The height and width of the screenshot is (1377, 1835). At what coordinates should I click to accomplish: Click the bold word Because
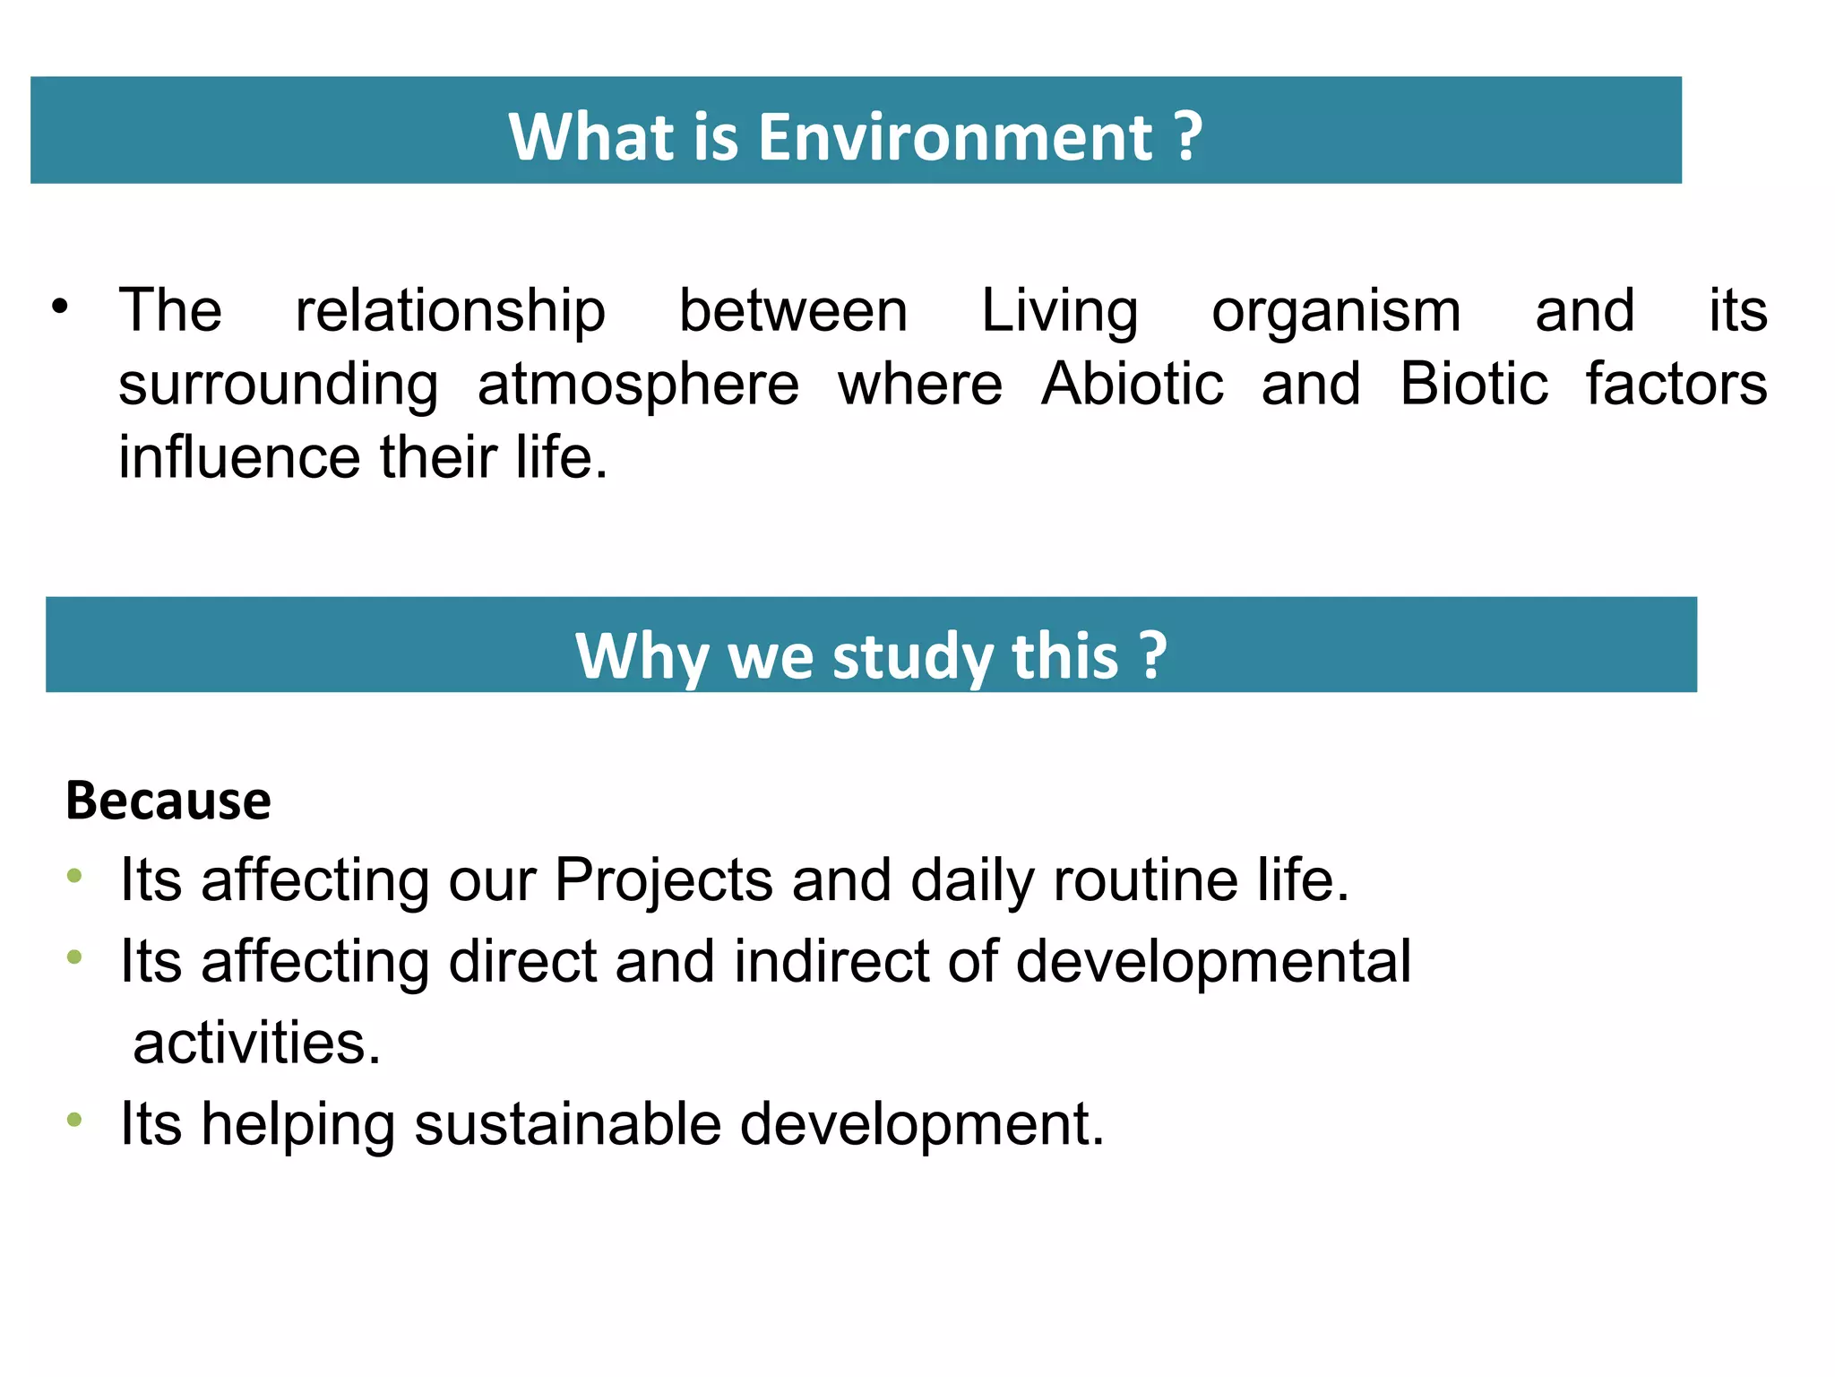click(x=168, y=801)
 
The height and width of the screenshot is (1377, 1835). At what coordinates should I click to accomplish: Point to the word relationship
click(x=450, y=312)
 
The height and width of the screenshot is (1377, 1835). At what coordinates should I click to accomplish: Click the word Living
click(x=1059, y=312)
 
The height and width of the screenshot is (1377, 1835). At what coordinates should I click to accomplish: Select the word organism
click(x=1336, y=312)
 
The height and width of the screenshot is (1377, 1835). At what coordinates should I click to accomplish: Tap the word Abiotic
click(x=1132, y=385)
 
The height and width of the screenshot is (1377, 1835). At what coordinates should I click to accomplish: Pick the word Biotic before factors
click(x=1474, y=385)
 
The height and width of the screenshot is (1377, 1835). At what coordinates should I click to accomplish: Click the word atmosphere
click(x=638, y=385)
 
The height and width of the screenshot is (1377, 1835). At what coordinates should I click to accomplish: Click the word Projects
click(x=663, y=880)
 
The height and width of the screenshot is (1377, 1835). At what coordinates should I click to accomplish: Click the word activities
click(x=257, y=1044)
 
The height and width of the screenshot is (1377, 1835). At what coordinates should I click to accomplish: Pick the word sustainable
click(x=567, y=1124)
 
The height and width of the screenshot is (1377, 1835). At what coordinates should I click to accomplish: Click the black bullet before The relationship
click(x=60, y=307)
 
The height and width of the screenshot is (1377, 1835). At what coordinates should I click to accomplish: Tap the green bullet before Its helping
click(x=74, y=1120)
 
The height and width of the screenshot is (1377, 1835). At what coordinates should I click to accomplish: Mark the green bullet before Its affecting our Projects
click(x=74, y=875)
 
